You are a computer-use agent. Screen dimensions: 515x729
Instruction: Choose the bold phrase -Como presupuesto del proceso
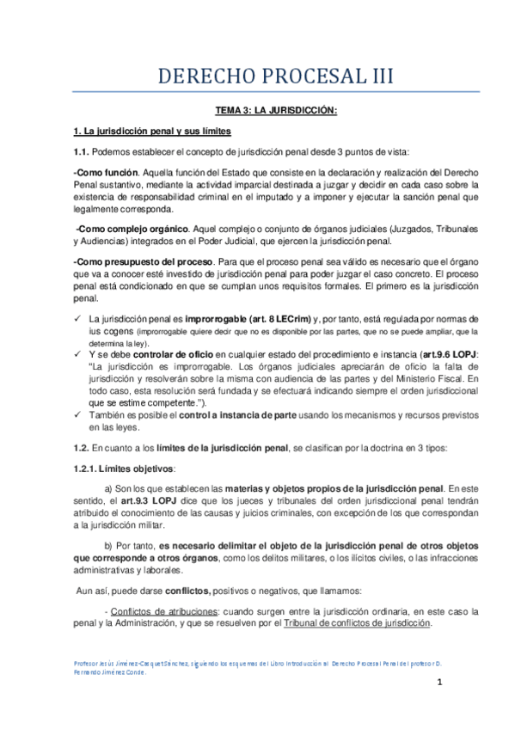(139, 260)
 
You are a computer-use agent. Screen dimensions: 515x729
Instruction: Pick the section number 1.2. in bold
(82, 448)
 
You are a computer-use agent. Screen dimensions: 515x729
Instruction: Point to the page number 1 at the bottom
(438, 683)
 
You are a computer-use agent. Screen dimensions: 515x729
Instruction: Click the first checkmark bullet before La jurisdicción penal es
(78, 319)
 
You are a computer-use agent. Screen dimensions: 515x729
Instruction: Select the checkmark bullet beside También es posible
(78, 414)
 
